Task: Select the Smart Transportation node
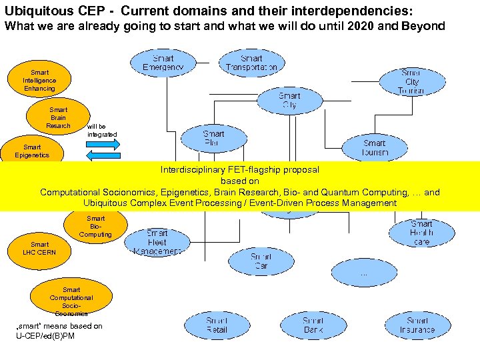pyautogui.click(x=251, y=63)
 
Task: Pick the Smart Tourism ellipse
pyautogui.click(x=375, y=147)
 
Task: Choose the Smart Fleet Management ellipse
pyautogui.click(x=157, y=242)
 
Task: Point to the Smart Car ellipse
pyautogui.click(x=261, y=261)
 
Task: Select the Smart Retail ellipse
pyautogui.click(x=216, y=325)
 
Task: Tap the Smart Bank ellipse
pyautogui.click(x=313, y=325)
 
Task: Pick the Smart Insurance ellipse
pyautogui.click(x=417, y=325)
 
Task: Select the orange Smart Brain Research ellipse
pyautogui.click(x=58, y=117)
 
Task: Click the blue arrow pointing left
pyautogui.click(x=103, y=156)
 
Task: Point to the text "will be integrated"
pyautogui.click(x=101, y=130)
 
